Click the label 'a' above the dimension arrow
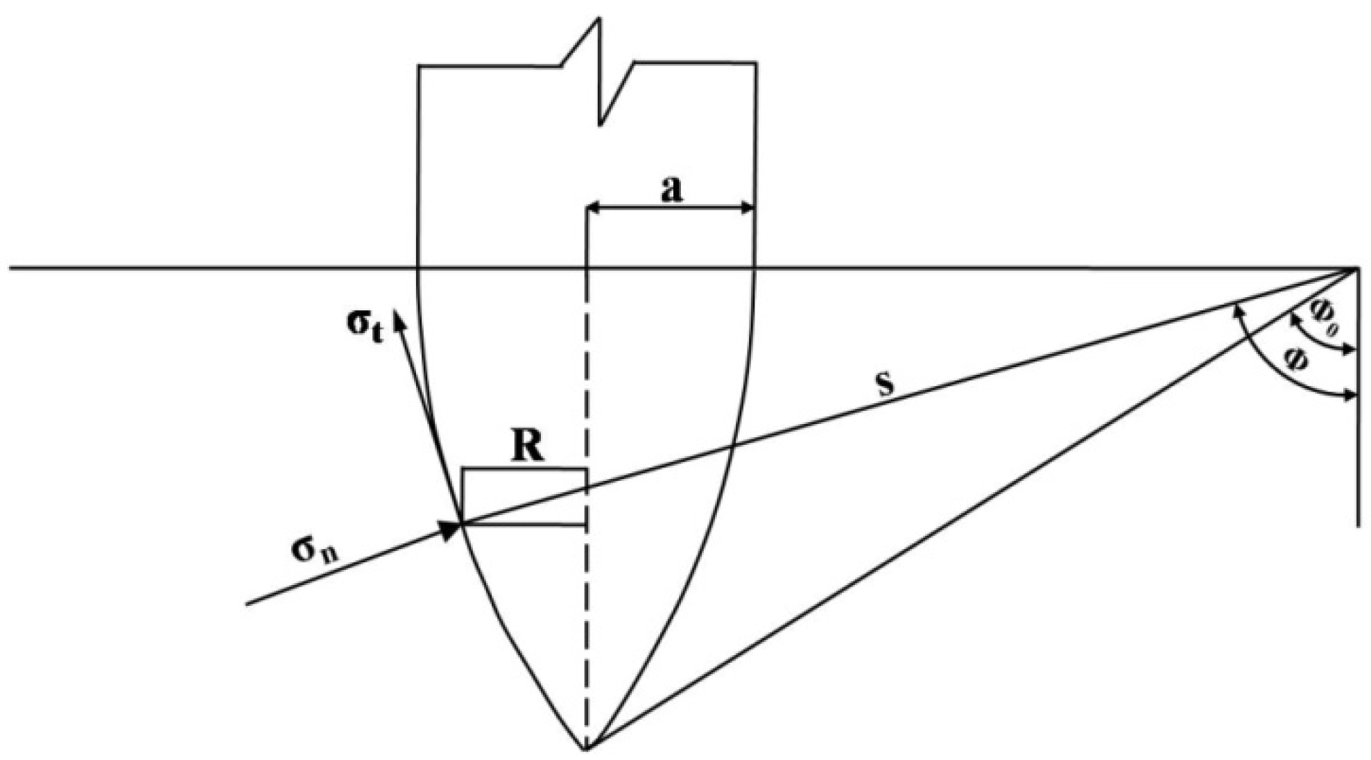pyautogui.click(x=671, y=189)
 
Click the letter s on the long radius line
pyautogui.click(x=886, y=384)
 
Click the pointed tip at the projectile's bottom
pyautogui.click(x=586, y=749)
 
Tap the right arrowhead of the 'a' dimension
pyautogui.click(x=752, y=207)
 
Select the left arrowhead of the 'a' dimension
pyautogui.click(x=590, y=207)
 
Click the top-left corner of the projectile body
pyautogui.click(x=418, y=66)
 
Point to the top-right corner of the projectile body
pyautogui.click(x=756, y=64)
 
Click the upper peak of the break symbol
pyautogui.click(x=598, y=19)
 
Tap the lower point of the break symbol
pyautogui.click(x=601, y=126)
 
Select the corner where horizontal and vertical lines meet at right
pyautogui.click(x=1356, y=267)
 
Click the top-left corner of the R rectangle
pyautogui.click(x=463, y=470)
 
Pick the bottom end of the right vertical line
pyautogui.click(x=1356, y=526)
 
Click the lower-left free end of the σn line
pyautogui.click(x=248, y=604)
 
